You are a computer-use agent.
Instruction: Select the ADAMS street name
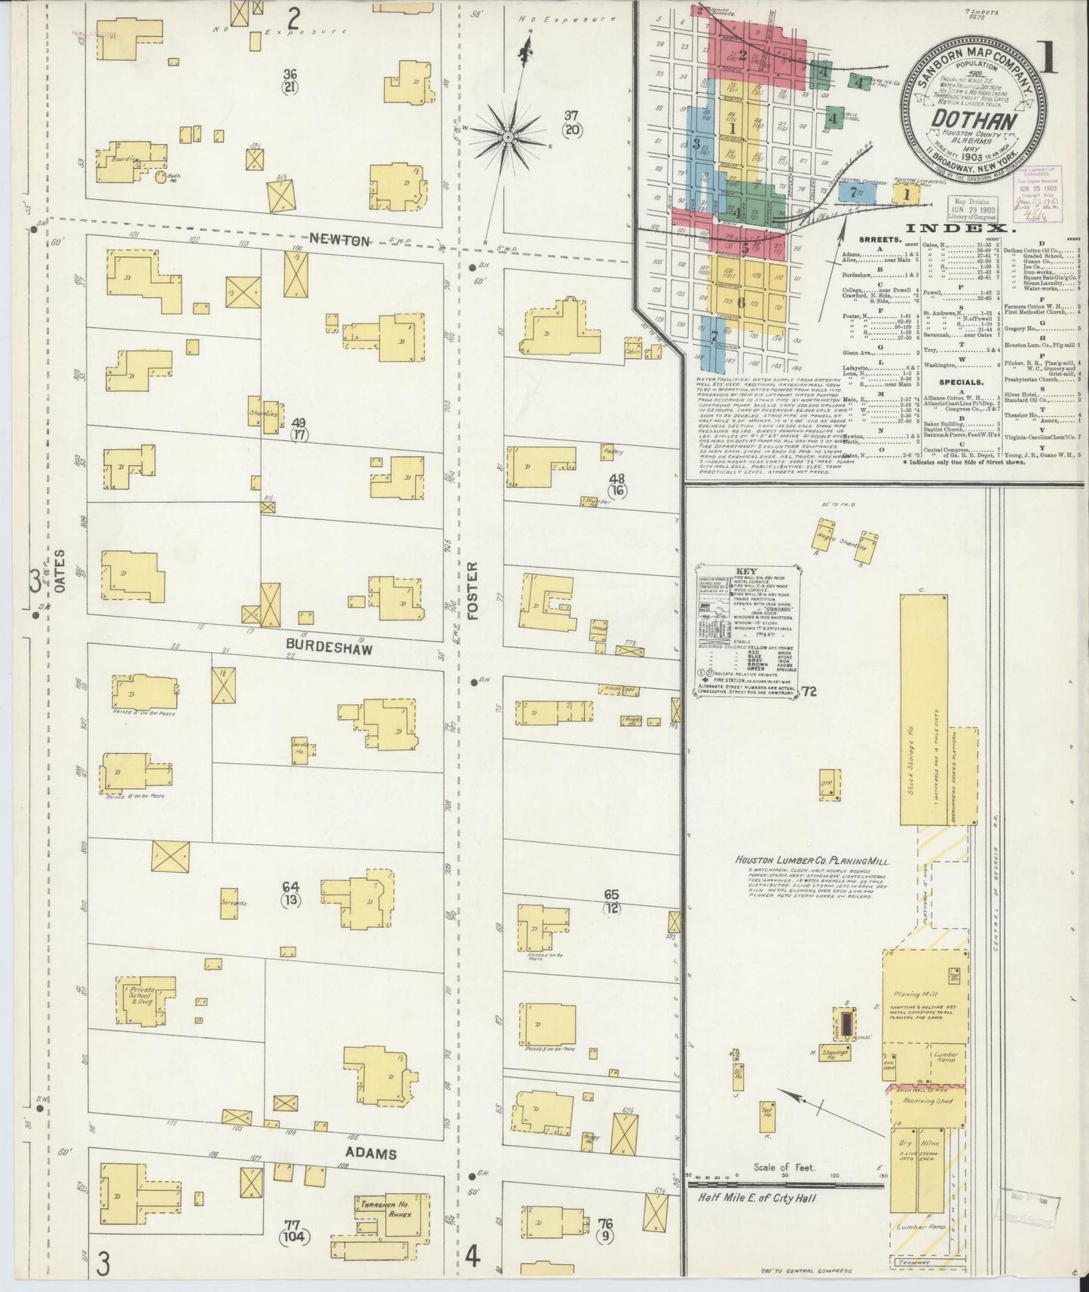click(371, 1153)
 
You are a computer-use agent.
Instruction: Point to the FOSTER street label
click(473, 591)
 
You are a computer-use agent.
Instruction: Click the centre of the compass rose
click(508, 137)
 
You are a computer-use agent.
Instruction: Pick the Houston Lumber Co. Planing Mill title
click(813, 861)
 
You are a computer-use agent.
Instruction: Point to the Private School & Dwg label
click(142, 995)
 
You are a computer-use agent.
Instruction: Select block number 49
click(299, 423)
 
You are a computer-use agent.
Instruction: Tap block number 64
click(291, 886)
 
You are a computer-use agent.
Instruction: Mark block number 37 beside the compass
click(571, 115)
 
